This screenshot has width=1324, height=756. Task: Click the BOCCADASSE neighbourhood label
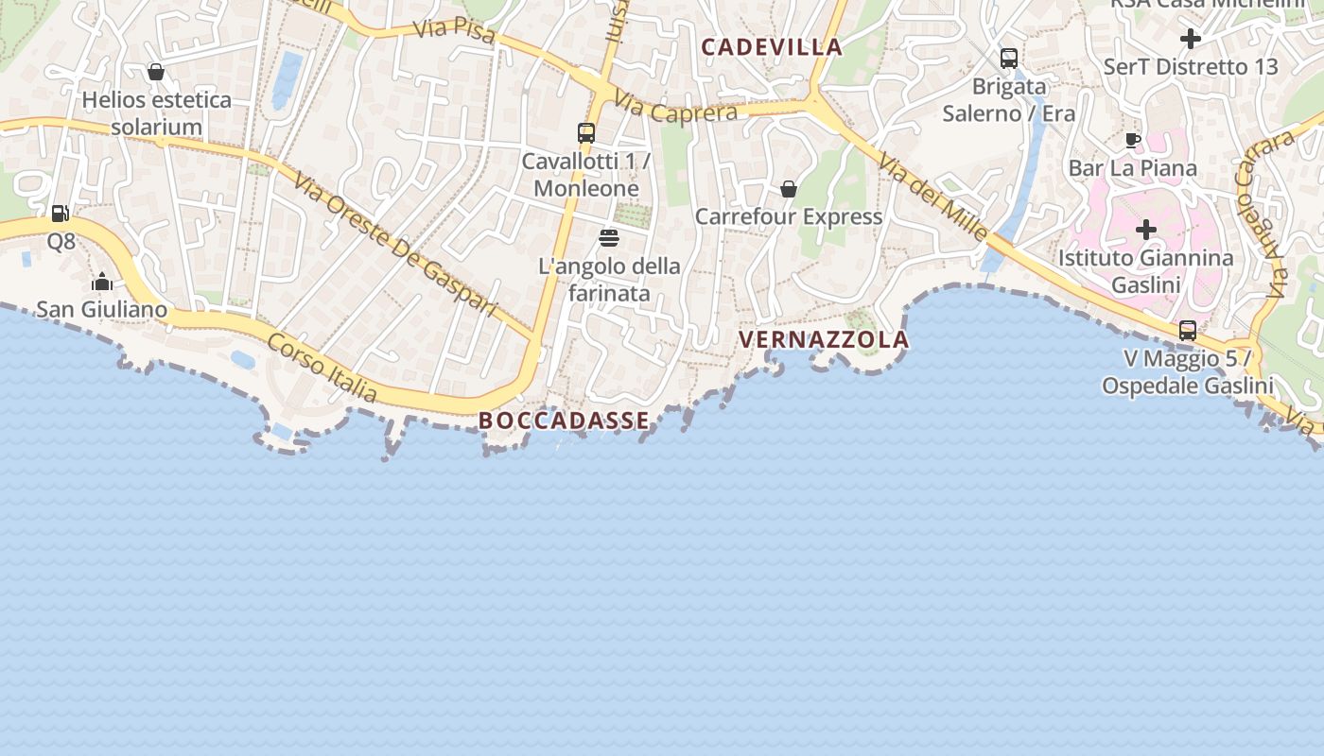pyautogui.click(x=565, y=421)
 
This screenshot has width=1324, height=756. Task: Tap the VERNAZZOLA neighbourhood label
pyautogui.click(x=823, y=339)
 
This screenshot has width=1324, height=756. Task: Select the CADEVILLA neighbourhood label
pyautogui.click(x=771, y=46)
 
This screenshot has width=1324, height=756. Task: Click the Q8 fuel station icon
pyautogui.click(x=61, y=214)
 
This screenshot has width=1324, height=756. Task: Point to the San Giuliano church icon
pyautogui.click(x=102, y=282)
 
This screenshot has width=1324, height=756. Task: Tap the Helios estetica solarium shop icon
pyautogui.click(x=156, y=72)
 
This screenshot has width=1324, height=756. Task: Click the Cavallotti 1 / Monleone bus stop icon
pyautogui.click(x=586, y=133)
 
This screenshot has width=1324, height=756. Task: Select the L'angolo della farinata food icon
pyautogui.click(x=609, y=237)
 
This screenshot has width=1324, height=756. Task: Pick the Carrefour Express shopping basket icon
pyautogui.click(x=789, y=189)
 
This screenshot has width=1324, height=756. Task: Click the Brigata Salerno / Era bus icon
pyautogui.click(x=1009, y=59)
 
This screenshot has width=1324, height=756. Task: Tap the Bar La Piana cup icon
pyautogui.click(x=1132, y=141)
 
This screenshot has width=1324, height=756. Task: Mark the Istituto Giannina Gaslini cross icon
pyautogui.click(x=1146, y=230)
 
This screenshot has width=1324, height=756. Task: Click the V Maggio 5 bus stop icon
pyautogui.click(x=1188, y=331)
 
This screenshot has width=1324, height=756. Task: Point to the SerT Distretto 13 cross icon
pyautogui.click(x=1191, y=39)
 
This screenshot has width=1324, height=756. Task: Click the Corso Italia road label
pyautogui.click(x=322, y=368)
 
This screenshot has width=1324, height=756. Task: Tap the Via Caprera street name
pyautogui.click(x=674, y=106)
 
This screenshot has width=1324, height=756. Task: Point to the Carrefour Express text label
pyautogui.click(x=789, y=216)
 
